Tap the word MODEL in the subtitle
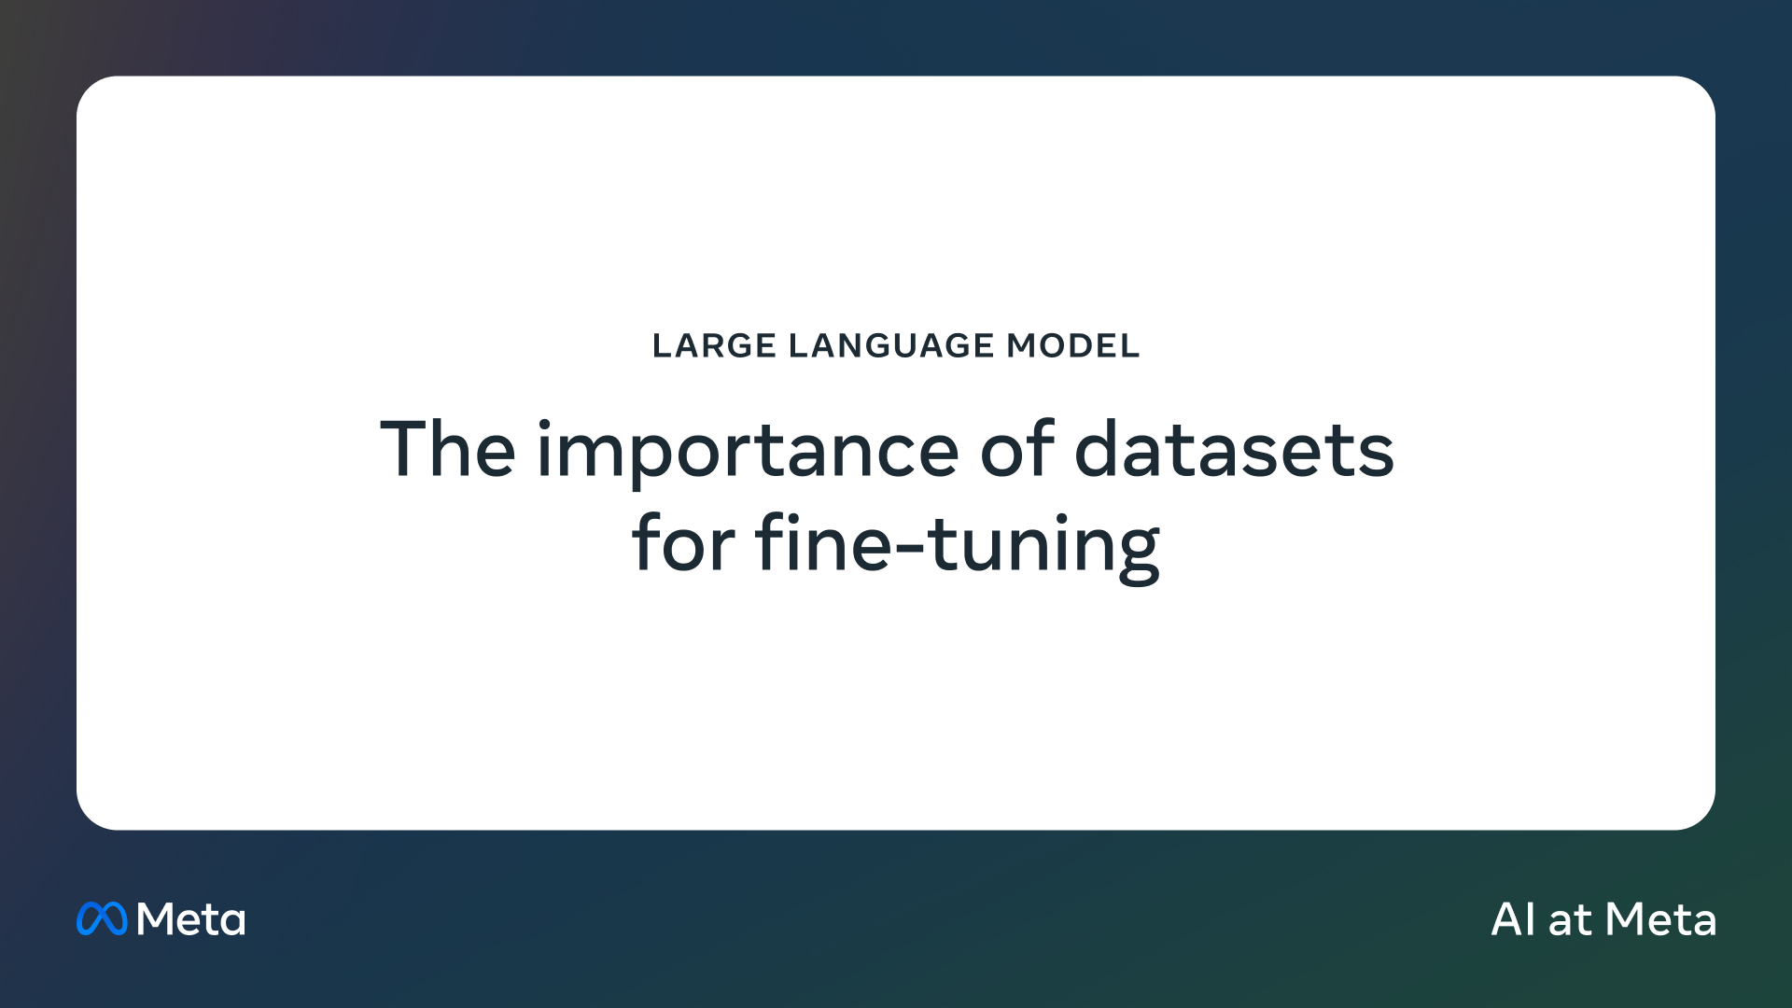pos(1073,345)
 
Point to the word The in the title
pos(448,449)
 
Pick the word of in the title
pos(1017,449)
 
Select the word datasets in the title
pos(1234,449)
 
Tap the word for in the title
pos(683,542)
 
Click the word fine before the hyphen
pos(824,542)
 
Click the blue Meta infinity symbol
pos(102,918)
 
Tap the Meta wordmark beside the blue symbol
pos(191,919)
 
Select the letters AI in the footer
pos(1513,919)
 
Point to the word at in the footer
pos(1570,921)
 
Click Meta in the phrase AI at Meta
pos(1661,919)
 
